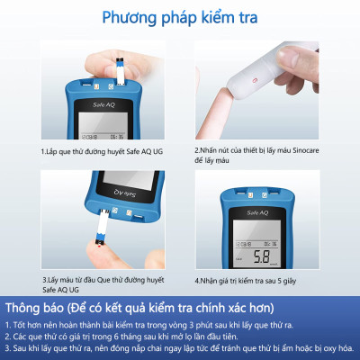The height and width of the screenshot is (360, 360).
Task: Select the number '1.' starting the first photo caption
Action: [42, 151]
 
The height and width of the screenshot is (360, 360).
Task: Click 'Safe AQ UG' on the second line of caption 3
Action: [60, 290]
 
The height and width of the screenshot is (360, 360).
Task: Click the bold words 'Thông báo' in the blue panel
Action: [38, 307]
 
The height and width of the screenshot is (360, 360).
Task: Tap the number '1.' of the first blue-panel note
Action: [7, 323]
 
